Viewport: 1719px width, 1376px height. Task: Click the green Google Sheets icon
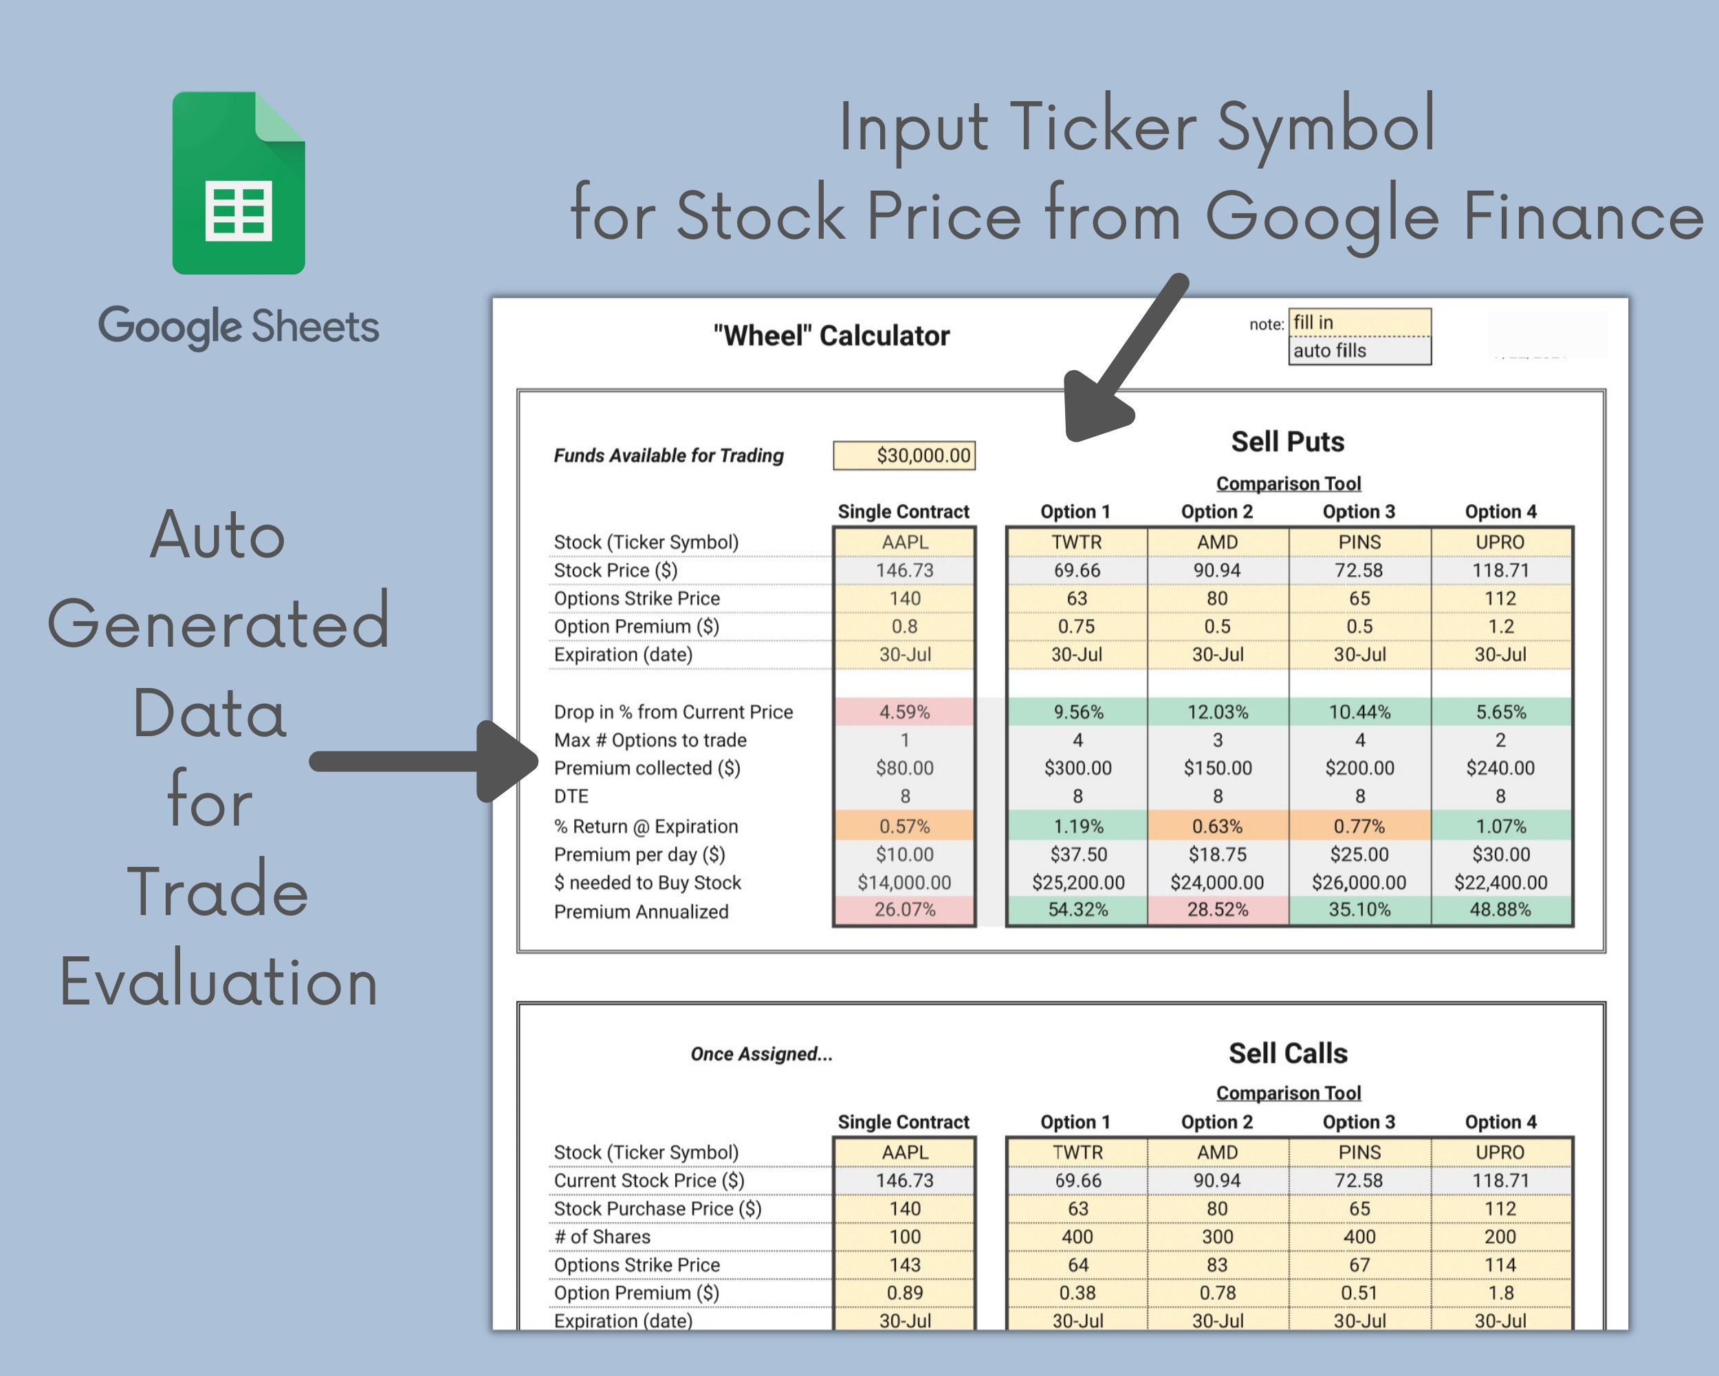[x=239, y=183]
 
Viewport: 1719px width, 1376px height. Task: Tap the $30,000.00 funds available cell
[x=904, y=455]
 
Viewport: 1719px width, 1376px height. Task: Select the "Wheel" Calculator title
[x=831, y=336]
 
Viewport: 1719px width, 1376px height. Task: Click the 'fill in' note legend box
[x=1359, y=322]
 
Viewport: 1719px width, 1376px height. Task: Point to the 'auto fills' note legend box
[x=1359, y=350]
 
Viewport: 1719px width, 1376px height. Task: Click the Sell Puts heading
[x=1288, y=441]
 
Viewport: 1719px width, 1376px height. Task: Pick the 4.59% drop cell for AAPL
[x=904, y=711]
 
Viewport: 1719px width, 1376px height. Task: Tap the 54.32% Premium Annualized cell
[x=1077, y=910]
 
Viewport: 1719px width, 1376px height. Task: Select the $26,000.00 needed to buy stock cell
[x=1359, y=882]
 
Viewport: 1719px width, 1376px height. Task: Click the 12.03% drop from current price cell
[x=1218, y=711]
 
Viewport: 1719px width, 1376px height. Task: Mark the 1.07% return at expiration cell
[x=1500, y=826]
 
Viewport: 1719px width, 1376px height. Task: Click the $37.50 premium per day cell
[x=1078, y=854]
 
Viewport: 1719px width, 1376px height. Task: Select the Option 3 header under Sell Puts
[x=1359, y=511]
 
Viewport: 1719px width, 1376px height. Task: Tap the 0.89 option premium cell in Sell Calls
[x=904, y=1292]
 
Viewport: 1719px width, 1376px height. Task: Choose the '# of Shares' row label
[x=602, y=1236]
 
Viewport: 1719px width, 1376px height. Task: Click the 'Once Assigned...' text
[x=761, y=1054]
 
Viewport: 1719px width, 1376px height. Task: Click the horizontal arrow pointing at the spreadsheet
[x=424, y=761]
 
